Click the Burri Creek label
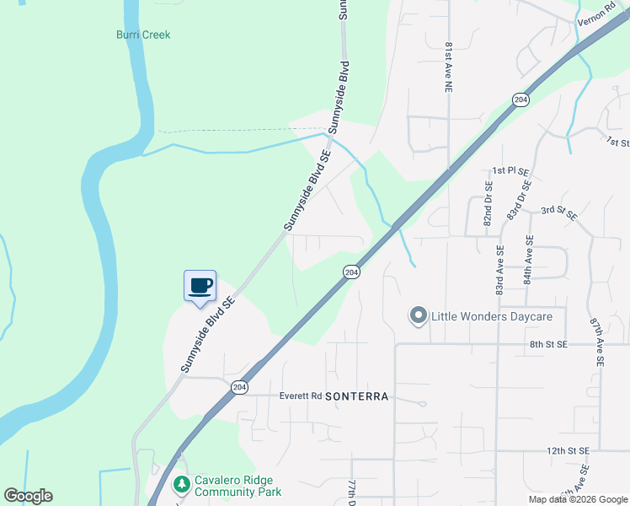[x=143, y=35]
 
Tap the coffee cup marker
[x=200, y=286]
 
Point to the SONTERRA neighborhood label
[x=356, y=396]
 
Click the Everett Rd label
[x=301, y=396]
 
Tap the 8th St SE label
[x=549, y=344]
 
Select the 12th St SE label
[x=567, y=451]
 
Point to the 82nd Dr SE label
[x=488, y=201]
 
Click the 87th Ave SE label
[x=596, y=341]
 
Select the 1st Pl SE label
[x=510, y=170]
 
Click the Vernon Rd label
[x=595, y=18]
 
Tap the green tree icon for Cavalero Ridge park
[x=181, y=484]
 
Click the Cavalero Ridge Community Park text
[x=238, y=485]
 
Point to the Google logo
[x=28, y=496]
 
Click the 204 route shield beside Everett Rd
[x=239, y=387]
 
